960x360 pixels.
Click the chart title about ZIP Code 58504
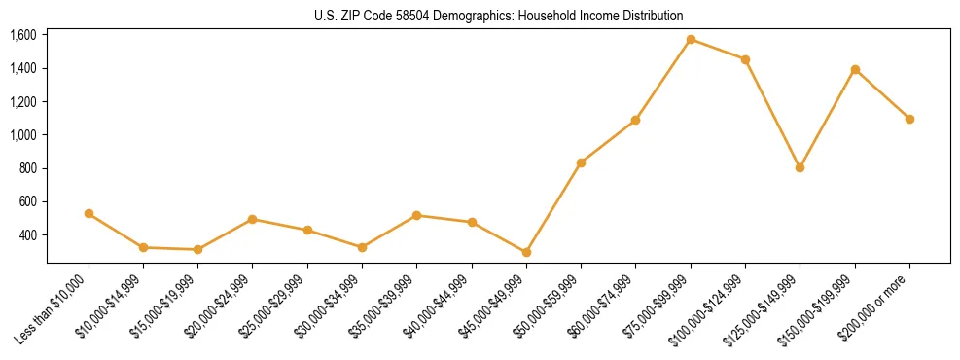click(498, 16)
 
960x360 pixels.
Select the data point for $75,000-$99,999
click(691, 40)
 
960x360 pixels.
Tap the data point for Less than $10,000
click(89, 213)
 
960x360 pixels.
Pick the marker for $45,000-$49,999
click(526, 252)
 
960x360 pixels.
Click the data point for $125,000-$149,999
click(800, 167)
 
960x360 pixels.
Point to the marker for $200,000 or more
click(909, 119)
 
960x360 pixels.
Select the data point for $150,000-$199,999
click(855, 69)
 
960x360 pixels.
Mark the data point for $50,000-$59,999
click(581, 162)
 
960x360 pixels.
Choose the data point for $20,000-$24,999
click(252, 219)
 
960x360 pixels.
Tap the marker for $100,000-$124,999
click(745, 59)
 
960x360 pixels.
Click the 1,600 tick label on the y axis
click(22, 35)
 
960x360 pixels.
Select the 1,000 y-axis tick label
click(22, 135)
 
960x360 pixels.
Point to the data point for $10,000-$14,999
click(143, 247)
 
